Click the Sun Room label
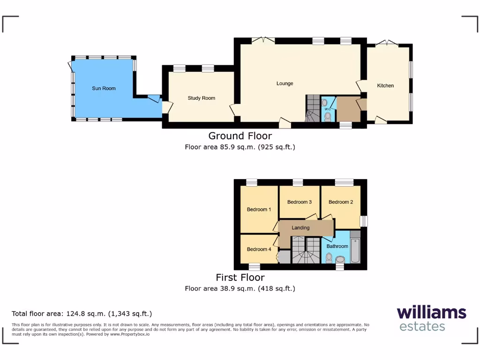click(x=104, y=88)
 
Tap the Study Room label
click(x=201, y=98)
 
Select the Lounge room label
click(x=285, y=83)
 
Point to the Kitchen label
click(x=385, y=86)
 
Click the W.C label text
click(x=328, y=109)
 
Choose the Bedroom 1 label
click(x=259, y=210)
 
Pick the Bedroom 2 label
click(x=340, y=202)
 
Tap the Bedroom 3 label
click(x=300, y=202)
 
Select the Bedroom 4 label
click(x=259, y=249)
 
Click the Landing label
click(x=300, y=228)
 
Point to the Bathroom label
click(x=337, y=246)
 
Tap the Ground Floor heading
click(x=240, y=136)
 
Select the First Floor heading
click(x=240, y=277)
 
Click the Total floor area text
click(x=82, y=314)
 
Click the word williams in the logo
click(x=431, y=313)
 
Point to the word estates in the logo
click(x=422, y=326)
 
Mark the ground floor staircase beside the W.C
click(x=312, y=108)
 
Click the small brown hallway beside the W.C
click(x=347, y=108)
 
